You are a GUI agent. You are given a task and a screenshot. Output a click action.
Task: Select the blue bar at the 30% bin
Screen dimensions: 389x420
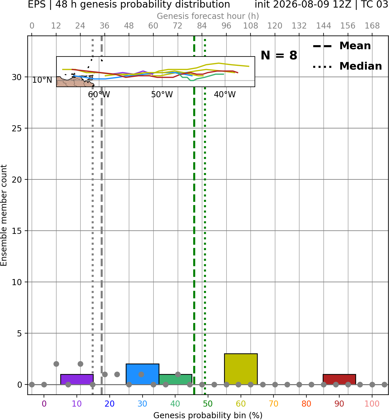coord(142,374)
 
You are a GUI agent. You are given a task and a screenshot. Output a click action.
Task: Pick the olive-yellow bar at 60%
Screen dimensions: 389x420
coord(241,369)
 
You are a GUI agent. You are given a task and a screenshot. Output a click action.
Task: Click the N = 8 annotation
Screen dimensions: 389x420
coord(279,55)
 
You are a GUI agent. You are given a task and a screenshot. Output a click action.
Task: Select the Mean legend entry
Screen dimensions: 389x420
coord(342,46)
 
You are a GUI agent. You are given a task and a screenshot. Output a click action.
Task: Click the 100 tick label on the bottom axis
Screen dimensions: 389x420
coord(372,404)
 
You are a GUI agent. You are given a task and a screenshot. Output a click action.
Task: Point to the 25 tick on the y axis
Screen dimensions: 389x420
coord(17,128)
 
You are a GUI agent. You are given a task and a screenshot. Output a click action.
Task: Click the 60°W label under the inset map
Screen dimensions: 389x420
coord(99,95)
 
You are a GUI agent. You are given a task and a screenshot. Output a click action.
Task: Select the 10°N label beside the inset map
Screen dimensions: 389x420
coord(42,80)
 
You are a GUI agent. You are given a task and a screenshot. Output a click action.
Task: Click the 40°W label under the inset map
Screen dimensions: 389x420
coord(225,95)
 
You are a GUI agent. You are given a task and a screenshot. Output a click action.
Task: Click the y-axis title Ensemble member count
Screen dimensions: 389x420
coord(3,215)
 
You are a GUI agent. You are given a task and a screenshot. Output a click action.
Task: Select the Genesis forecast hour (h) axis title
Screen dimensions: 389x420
coord(208,16)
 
